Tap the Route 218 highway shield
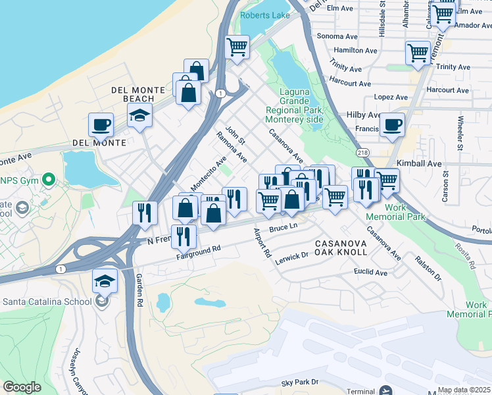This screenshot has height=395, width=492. click(x=362, y=152)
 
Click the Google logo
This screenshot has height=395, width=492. click(x=22, y=387)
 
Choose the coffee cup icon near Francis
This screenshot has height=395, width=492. click(x=393, y=124)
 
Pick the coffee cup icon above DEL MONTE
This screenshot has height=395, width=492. click(x=101, y=124)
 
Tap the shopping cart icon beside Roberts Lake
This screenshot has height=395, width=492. click(x=237, y=47)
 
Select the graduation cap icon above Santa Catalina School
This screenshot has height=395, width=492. click(x=105, y=282)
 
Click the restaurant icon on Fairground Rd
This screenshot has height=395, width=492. click(x=184, y=236)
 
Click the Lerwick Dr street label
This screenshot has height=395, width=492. click(x=292, y=255)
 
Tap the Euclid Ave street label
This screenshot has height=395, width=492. click(x=370, y=272)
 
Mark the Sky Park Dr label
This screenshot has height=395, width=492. click(x=299, y=382)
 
